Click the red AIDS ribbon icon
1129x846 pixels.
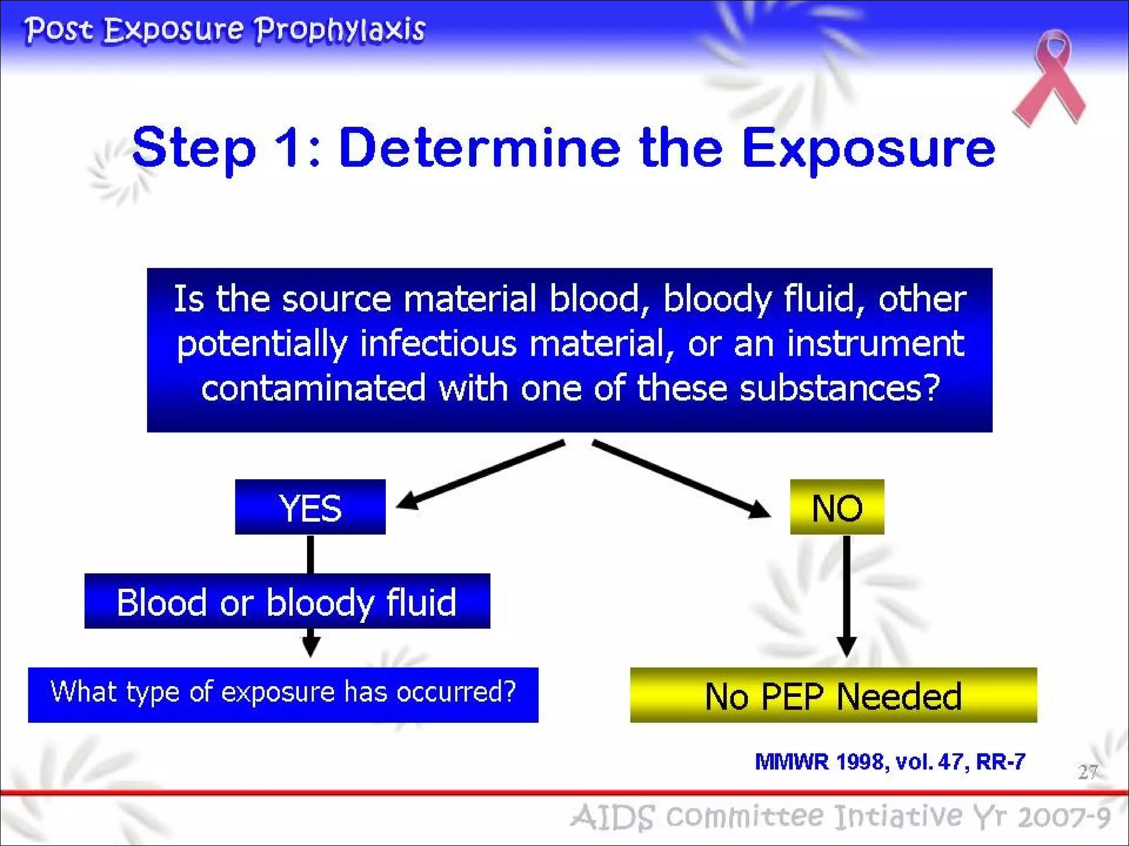[1050, 77]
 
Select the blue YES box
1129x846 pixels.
[310, 507]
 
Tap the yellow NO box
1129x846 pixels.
[837, 507]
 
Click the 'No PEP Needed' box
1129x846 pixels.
[833, 695]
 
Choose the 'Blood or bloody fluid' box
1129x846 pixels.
[287, 601]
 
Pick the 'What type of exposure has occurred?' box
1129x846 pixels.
[283, 694]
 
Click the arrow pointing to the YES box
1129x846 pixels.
[480, 475]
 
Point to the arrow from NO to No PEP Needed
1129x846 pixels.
[847, 595]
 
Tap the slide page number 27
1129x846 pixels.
[1088, 772]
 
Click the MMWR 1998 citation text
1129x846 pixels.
[890, 762]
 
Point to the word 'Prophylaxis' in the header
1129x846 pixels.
[340, 30]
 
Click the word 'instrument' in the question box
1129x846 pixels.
[875, 344]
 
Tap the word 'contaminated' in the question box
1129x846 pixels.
[313, 388]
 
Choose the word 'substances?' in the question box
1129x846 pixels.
[839, 388]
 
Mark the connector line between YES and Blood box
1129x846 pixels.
[310, 554]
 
